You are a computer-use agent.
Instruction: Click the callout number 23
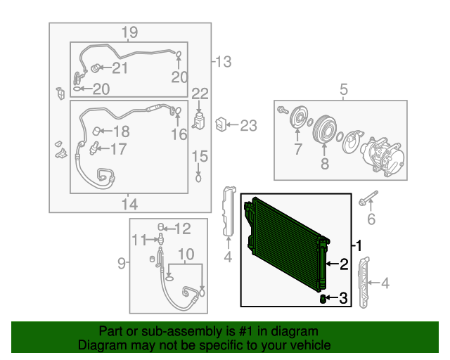tap(248, 126)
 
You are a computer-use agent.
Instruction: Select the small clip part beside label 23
tap(221, 124)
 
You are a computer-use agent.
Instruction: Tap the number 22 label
tap(200, 94)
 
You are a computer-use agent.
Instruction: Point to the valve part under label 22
tap(198, 121)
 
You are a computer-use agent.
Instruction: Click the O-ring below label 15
tap(198, 178)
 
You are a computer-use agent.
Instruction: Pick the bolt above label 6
tap(368, 198)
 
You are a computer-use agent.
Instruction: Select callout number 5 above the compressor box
tap(344, 89)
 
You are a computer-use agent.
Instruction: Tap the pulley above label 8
tap(324, 129)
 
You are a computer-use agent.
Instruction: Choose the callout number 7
tap(298, 148)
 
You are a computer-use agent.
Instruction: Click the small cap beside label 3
tap(323, 299)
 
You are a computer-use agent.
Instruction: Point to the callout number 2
tap(344, 264)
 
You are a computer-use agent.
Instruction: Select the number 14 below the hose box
tap(129, 205)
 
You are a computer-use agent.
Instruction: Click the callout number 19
tap(129, 32)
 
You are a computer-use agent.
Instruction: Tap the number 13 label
tap(224, 62)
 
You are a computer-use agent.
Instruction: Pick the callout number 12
tap(183, 229)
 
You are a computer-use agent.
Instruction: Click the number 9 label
tap(122, 263)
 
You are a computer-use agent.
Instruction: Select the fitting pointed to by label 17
tap(94, 148)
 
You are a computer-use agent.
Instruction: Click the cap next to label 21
tap(95, 69)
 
